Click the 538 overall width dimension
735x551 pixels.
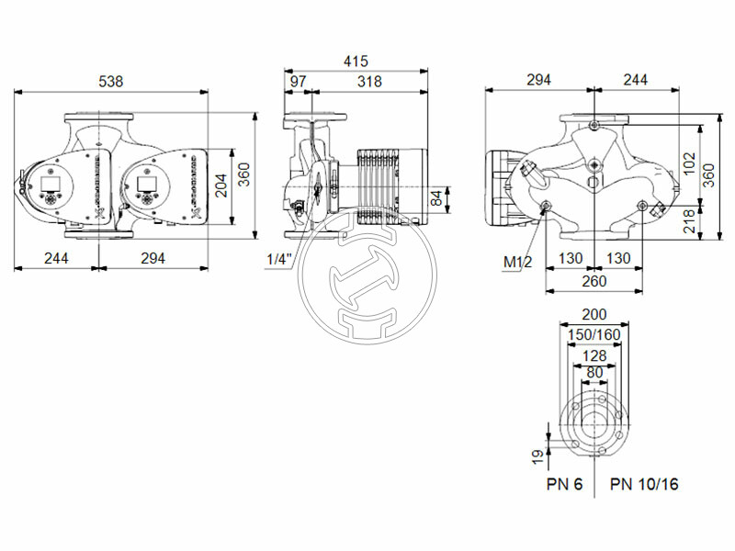[111, 81]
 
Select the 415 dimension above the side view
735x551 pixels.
[356, 62]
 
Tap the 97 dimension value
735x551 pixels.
[298, 81]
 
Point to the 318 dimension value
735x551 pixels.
[369, 81]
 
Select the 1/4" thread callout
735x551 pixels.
[278, 260]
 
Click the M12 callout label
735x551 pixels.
[517, 263]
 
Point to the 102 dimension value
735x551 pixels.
[686, 162]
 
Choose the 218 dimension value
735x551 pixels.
[688, 220]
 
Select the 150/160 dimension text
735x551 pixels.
[594, 334]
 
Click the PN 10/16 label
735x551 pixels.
[644, 484]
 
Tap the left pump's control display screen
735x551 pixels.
[49, 196]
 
